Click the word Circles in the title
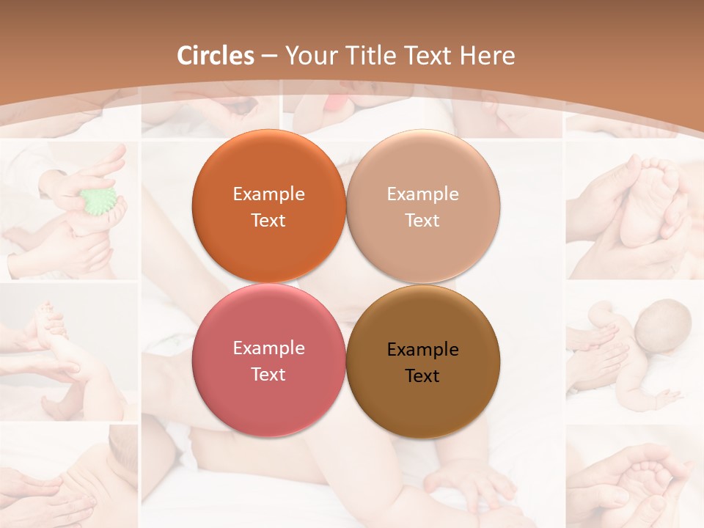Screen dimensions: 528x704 (x=216, y=56)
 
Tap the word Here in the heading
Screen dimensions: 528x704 (x=488, y=56)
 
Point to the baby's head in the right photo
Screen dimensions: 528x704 (x=663, y=328)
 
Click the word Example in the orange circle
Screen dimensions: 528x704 (x=268, y=194)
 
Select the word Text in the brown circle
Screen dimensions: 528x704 (x=422, y=376)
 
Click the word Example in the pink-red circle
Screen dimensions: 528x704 (x=268, y=348)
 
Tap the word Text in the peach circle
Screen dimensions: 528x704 (x=422, y=221)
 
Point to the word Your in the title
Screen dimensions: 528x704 (x=309, y=56)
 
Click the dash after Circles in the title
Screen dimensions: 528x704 (x=269, y=56)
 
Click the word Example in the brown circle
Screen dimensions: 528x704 (x=422, y=350)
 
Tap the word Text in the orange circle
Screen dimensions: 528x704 (x=268, y=221)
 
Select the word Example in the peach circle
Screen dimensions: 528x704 (x=422, y=194)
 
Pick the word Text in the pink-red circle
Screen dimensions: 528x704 (x=268, y=375)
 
